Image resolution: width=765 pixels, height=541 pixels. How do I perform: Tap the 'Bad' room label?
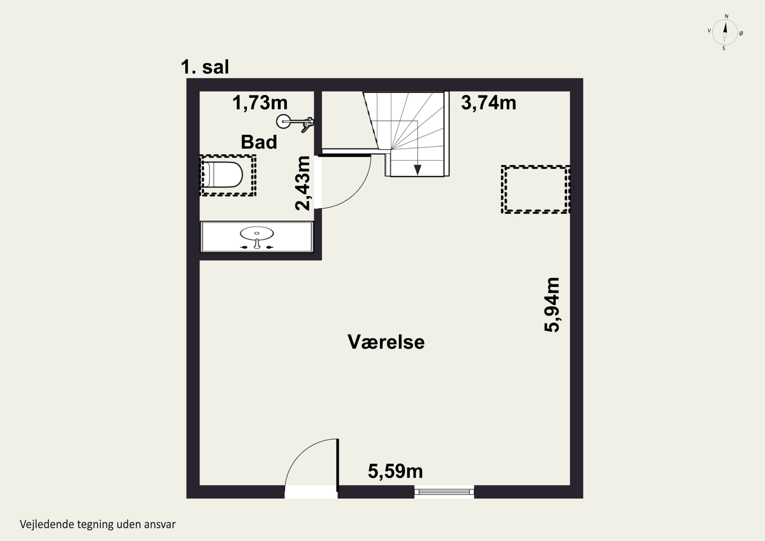tap(259, 142)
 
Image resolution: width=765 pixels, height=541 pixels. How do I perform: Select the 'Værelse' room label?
tap(386, 342)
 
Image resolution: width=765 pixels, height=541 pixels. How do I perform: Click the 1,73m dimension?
tap(260, 103)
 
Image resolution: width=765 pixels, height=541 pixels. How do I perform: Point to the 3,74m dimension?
tap(489, 103)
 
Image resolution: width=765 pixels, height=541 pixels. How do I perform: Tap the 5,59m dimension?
tap(395, 471)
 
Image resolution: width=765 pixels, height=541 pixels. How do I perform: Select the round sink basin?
tap(257, 233)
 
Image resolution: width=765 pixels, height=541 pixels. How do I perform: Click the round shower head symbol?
tap(283, 121)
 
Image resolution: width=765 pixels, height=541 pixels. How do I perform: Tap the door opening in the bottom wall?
tap(311, 492)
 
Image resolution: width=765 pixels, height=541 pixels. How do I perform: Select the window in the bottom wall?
tap(444, 492)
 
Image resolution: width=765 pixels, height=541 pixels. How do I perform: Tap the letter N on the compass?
tap(727, 16)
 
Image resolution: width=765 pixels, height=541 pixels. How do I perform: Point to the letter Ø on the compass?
tap(741, 33)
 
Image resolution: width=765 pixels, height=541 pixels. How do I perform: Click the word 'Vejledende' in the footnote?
tap(47, 524)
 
